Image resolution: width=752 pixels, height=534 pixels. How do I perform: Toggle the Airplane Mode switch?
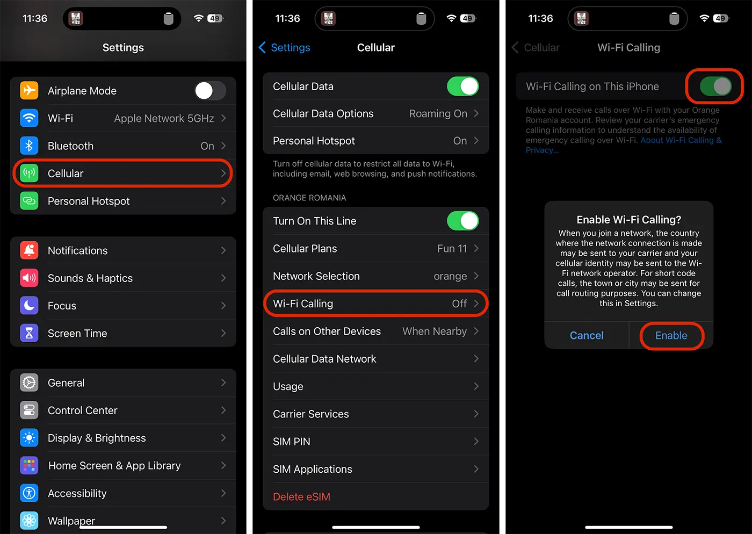[210, 91]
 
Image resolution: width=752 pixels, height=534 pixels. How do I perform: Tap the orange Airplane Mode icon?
[29, 91]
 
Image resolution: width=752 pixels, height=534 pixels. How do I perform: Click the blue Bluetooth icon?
[29, 146]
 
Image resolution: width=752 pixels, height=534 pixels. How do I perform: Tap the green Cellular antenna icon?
[29, 174]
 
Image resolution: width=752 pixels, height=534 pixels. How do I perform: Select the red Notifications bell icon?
[29, 250]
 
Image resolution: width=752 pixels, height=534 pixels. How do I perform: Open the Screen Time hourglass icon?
[29, 333]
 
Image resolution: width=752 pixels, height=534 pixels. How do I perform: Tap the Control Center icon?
[29, 410]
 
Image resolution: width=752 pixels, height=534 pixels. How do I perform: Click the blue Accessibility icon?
[29, 493]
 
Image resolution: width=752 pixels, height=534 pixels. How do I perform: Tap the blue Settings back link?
[284, 47]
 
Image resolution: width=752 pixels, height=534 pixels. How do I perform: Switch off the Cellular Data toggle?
[463, 86]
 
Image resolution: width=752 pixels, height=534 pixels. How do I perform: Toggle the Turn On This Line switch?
[463, 221]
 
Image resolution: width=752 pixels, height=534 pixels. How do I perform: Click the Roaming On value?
[438, 113]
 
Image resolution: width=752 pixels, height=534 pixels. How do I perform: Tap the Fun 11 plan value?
[452, 249]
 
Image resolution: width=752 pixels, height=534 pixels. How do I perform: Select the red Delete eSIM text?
[301, 497]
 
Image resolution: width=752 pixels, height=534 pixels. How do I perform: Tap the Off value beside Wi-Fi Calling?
[459, 304]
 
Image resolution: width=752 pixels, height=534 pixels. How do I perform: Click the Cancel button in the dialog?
[587, 335]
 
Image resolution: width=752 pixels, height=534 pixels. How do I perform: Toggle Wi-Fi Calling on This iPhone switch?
[715, 86]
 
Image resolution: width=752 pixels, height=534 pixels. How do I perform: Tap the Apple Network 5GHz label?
[164, 118]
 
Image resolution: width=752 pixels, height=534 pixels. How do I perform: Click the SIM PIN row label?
[291, 442]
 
